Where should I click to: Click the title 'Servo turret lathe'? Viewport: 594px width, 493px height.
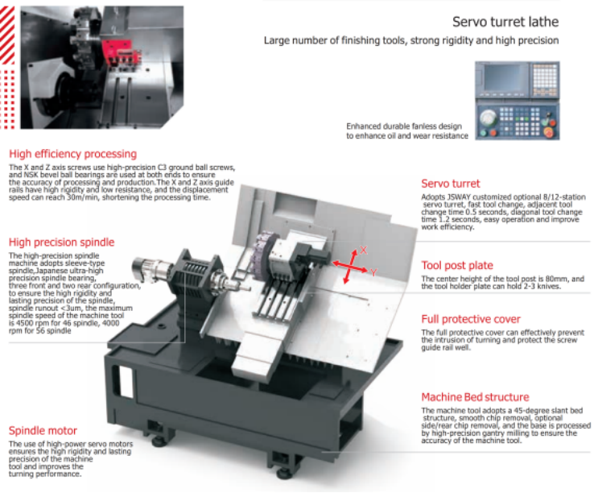tap(505, 22)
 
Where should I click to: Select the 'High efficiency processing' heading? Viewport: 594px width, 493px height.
tap(72, 154)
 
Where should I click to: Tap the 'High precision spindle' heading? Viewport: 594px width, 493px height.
tap(61, 242)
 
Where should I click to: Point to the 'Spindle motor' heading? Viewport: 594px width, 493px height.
tap(43, 430)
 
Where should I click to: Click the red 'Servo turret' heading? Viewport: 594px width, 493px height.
tap(451, 184)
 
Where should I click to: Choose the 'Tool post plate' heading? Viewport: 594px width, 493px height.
tap(457, 265)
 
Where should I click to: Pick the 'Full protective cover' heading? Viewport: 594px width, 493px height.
tap(471, 319)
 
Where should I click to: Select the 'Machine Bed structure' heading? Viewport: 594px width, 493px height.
tap(475, 397)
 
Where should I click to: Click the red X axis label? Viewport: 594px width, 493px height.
tap(363, 250)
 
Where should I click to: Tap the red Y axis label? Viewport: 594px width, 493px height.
tap(373, 272)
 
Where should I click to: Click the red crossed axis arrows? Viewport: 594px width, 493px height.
tap(350, 267)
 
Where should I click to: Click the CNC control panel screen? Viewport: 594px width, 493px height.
tap(502, 78)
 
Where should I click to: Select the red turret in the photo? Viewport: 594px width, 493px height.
tap(122, 52)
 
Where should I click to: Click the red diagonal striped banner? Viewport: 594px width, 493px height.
tap(7, 35)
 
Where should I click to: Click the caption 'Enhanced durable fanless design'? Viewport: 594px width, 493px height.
tap(404, 126)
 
